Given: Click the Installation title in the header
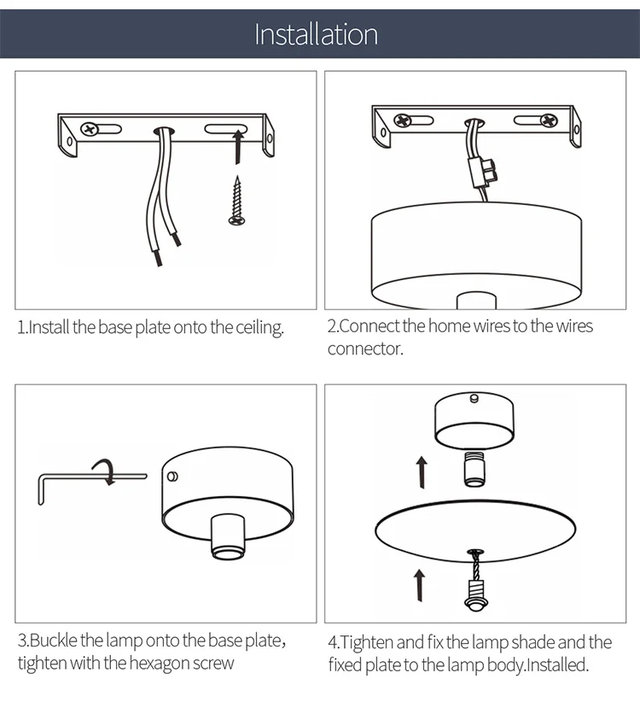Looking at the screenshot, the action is [317, 34].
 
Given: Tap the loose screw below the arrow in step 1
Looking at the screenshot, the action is [236, 200].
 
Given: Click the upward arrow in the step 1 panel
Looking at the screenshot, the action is [239, 146].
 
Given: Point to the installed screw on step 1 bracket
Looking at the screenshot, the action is [90, 129].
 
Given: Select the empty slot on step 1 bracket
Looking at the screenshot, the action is [226, 129].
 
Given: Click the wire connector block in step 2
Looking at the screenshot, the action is [482, 172].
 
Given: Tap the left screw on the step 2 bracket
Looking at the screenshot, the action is [402, 120].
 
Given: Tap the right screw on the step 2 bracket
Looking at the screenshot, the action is [549, 120].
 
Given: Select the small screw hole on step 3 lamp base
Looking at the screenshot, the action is [172, 477].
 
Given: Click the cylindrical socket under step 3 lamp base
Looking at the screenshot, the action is [228, 536].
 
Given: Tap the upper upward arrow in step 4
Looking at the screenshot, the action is [422, 471].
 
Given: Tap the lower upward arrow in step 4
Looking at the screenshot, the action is [420, 585].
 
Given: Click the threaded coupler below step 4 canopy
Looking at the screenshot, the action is [474, 470].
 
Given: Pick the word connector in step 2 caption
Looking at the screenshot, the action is [365, 348].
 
